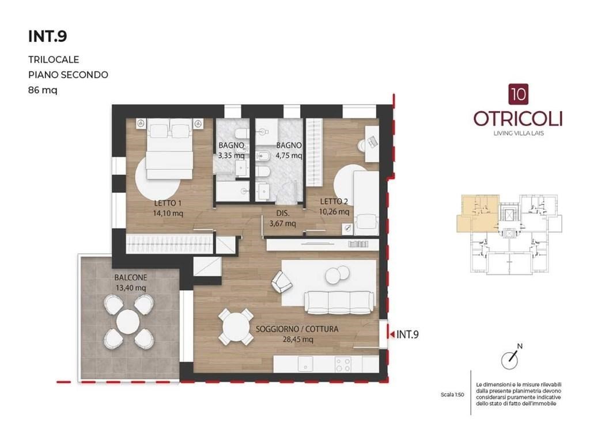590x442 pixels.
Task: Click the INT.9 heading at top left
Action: [48, 36]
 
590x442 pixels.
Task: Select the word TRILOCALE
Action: [54, 59]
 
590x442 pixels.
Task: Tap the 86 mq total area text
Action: [43, 90]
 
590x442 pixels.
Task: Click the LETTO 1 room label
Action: [168, 203]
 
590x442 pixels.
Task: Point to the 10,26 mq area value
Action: [334, 212]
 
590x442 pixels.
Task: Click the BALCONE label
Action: [131, 277]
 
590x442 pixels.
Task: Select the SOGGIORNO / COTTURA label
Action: [297, 329]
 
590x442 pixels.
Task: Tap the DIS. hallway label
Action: [283, 213]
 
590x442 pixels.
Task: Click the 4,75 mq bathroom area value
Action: [289, 155]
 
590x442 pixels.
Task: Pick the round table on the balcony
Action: [128, 322]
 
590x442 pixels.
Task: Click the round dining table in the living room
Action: [236, 327]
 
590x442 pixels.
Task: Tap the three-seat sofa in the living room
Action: [340, 302]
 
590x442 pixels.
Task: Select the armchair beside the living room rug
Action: [281, 281]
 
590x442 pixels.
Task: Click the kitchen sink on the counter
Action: [305, 364]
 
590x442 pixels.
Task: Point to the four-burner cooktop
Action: [343, 364]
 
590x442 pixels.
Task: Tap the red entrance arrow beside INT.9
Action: [392, 334]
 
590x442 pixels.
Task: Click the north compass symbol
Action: [510, 359]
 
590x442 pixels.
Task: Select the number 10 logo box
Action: [519, 94]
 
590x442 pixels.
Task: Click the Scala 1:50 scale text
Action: [452, 395]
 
